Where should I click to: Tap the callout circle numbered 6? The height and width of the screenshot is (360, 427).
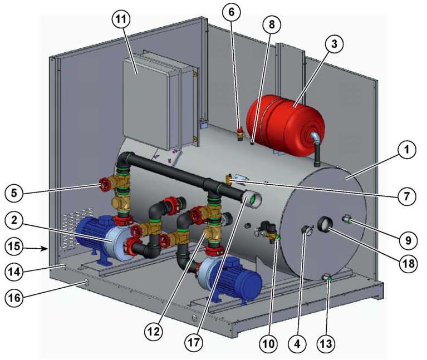click(231, 12)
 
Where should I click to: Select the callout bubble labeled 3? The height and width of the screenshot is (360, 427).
click(334, 43)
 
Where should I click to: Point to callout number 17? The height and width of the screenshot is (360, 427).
click(194, 342)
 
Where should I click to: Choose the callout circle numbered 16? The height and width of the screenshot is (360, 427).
click(14, 297)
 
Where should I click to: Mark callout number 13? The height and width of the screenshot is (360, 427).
click(326, 343)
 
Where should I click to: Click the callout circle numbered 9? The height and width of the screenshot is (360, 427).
click(408, 240)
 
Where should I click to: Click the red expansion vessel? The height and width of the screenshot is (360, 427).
click(286, 126)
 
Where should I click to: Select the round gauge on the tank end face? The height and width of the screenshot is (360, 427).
click(326, 224)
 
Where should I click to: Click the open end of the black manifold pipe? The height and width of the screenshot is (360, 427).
click(252, 199)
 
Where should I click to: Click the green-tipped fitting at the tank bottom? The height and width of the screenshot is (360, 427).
click(327, 278)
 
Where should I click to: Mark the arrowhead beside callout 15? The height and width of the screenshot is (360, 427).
click(46, 248)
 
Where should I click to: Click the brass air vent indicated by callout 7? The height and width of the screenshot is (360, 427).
click(229, 179)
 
